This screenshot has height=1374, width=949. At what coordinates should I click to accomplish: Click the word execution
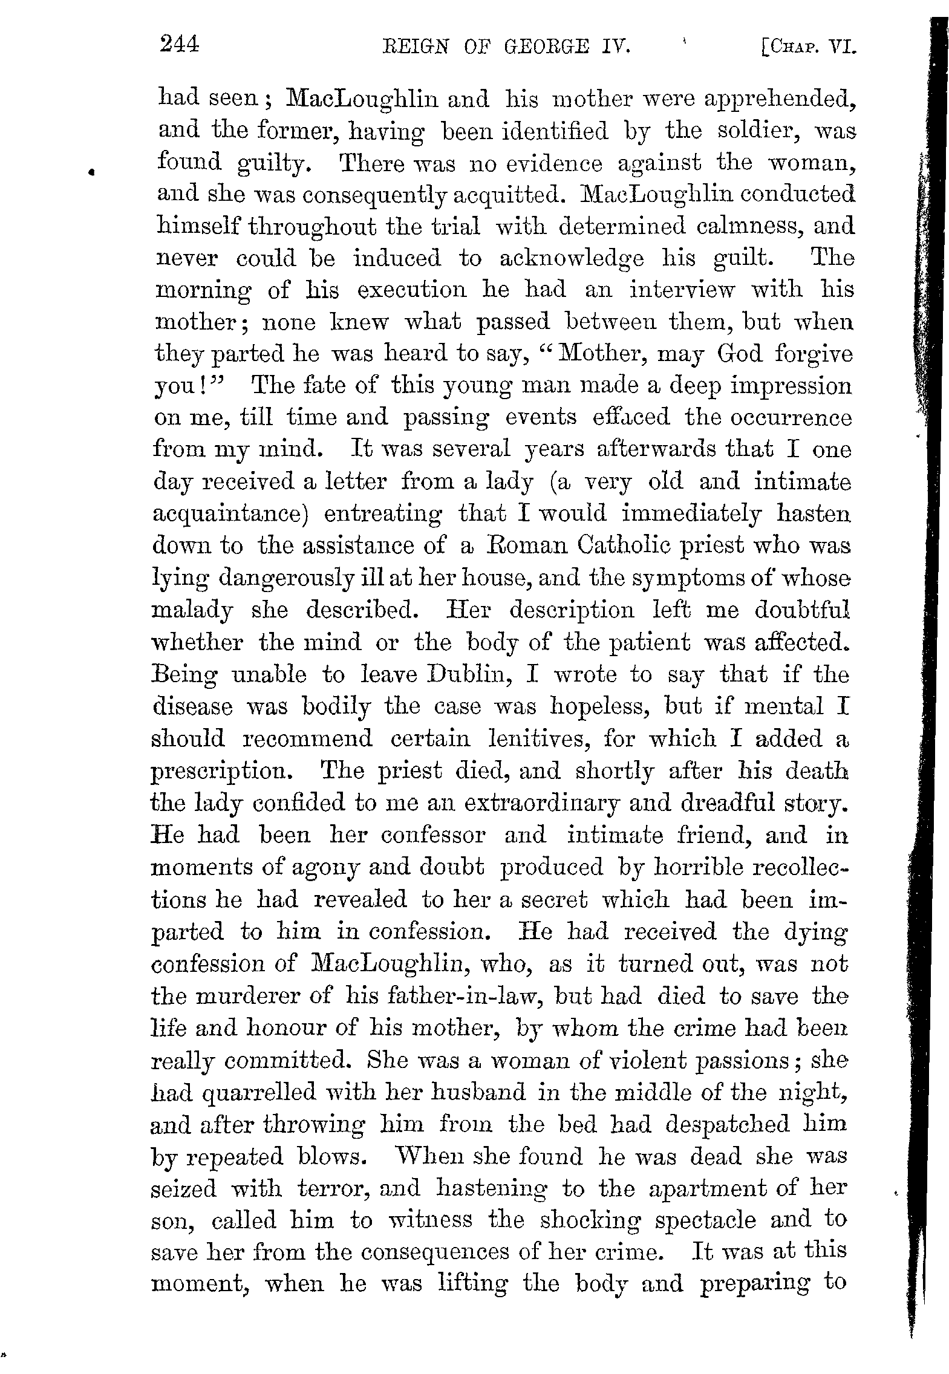(412, 290)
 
